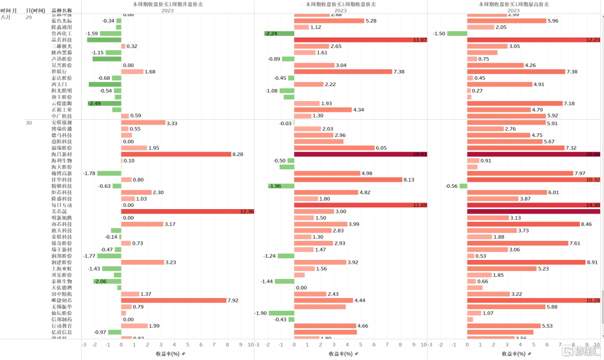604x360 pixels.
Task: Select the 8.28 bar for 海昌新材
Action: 176,154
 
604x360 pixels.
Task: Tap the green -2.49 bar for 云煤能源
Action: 104,103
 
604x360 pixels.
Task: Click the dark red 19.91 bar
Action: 360,154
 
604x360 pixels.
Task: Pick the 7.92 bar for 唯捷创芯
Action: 173,300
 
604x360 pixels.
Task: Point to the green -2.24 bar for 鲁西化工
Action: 279,34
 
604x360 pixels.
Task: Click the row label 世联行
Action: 59,72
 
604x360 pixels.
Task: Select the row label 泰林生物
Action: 62,281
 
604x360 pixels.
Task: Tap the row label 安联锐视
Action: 62,122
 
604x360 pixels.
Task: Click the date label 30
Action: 29,122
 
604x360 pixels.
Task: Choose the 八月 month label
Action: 6,17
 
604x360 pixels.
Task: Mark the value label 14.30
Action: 593,205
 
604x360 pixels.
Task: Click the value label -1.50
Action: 439,34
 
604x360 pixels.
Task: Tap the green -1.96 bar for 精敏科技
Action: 281,186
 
